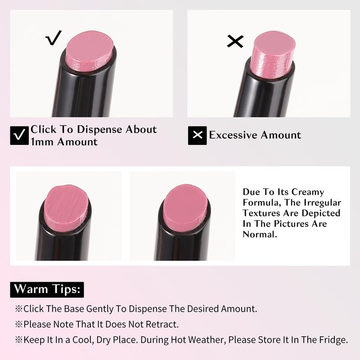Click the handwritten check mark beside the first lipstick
(x=53, y=38)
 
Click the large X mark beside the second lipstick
(x=235, y=41)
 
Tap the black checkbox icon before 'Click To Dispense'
(x=19, y=135)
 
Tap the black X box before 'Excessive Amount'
(x=197, y=135)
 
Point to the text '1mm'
(x=42, y=142)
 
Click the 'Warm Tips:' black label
(x=47, y=289)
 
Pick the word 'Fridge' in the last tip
(x=335, y=340)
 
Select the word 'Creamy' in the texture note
(x=308, y=193)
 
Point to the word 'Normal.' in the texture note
(x=260, y=234)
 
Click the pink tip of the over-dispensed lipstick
(x=273, y=54)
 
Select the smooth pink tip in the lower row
(x=186, y=208)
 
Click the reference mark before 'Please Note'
(x=19, y=324)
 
